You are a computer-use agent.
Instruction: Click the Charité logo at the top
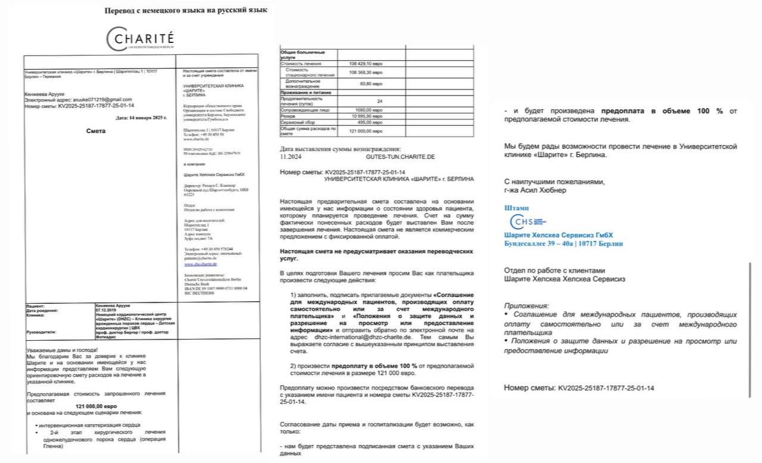pyautogui.click(x=141, y=39)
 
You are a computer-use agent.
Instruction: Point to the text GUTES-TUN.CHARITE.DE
pyautogui.click(x=400, y=156)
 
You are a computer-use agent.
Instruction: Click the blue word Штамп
pyautogui.click(x=516, y=208)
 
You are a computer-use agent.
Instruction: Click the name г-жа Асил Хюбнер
pyautogui.click(x=534, y=190)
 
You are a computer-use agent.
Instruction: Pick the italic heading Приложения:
pyautogui.click(x=527, y=305)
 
